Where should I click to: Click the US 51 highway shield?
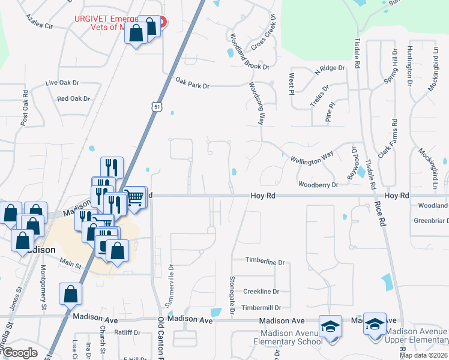click(x=156, y=106)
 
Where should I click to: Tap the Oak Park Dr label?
click(x=192, y=86)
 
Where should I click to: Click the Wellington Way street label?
click(x=312, y=158)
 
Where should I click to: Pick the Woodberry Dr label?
click(x=318, y=185)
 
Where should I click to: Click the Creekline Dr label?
click(x=261, y=292)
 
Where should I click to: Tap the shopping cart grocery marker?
click(x=136, y=196)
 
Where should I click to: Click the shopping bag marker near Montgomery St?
click(x=70, y=294)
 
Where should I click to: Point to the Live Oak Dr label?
click(x=62, y=83)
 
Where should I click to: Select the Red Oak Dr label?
click(x=73, y=98)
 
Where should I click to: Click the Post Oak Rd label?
click(x=25, y=108)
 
